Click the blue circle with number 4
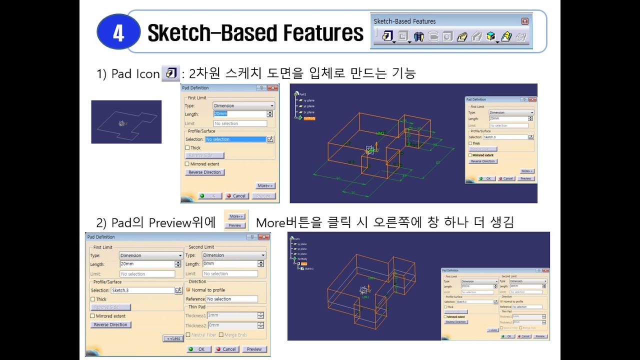118,33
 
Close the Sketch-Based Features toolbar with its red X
524,21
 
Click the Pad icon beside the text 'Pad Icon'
170,74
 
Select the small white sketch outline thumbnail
126,122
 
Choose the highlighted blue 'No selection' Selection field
235,139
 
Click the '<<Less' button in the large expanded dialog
173,338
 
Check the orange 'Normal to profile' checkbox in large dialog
188,290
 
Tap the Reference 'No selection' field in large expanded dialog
231,299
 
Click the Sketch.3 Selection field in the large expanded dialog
142,290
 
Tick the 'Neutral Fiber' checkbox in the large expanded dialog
188,335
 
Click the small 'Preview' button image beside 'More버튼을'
235,225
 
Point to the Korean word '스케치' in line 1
243,74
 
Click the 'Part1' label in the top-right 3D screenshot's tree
302,94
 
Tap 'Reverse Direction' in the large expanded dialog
111,324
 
